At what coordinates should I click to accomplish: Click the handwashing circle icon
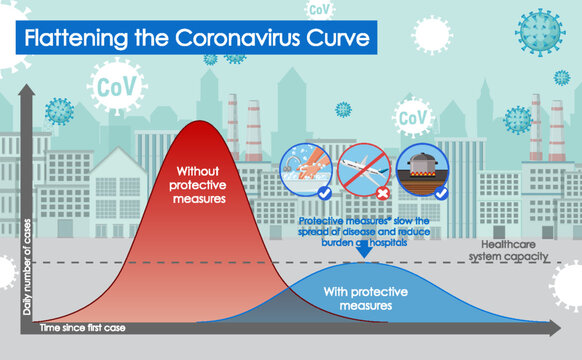302,167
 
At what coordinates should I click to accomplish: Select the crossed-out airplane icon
359,167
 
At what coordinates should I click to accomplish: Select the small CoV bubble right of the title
320,10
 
